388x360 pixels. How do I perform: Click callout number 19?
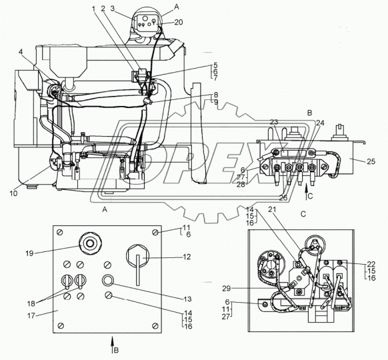[x=30, y=253]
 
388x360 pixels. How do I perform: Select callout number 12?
[x=187, y=257]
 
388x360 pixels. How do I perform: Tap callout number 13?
[x=188, y=299]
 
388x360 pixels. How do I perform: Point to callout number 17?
[x=31, y=316]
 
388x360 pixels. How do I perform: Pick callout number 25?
[x=371, y=161]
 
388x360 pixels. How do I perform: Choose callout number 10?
[x=14, y=193]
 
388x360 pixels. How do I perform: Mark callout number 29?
[x=226, y=289]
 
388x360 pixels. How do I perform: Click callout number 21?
[x=272, y=209]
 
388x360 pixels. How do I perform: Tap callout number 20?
[x=179, y=22]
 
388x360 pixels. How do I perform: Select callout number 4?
[x=21, y=52]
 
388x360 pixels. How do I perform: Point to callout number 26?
[x=283, y=197]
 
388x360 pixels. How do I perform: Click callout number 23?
[x=274, y=122]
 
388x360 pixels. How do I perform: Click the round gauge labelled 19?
[x=89, y=244]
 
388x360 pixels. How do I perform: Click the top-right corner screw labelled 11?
[x=155, y=232]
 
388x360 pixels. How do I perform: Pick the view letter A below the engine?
[x=105, y=210]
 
